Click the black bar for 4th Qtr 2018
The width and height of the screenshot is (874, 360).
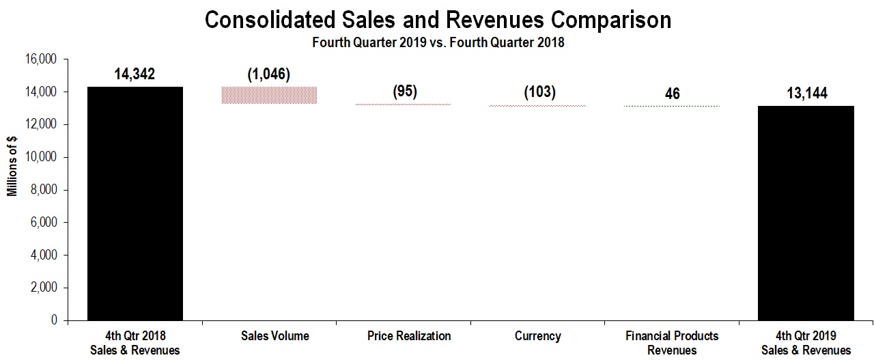click(135, 203)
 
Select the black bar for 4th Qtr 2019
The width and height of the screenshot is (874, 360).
click(806, 212)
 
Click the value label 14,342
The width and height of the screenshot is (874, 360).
click(135, 74)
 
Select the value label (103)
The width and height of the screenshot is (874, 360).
click(539, 92)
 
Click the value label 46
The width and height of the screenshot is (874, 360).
click(673, 93)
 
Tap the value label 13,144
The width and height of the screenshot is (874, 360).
click(806, 93)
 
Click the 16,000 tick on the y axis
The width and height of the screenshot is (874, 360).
click(40, 59)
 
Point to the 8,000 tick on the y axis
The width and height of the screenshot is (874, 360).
click(42, 190)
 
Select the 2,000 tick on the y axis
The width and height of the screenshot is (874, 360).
click(42, 288)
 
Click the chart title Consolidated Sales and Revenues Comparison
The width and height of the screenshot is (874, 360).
click(438, 20)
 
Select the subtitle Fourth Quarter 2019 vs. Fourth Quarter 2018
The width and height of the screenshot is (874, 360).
click(438, 42)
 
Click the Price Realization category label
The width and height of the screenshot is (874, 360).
click(408, 336)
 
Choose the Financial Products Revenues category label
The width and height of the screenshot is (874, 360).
click(672, 343)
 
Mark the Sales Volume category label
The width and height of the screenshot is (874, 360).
click(275, 336)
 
